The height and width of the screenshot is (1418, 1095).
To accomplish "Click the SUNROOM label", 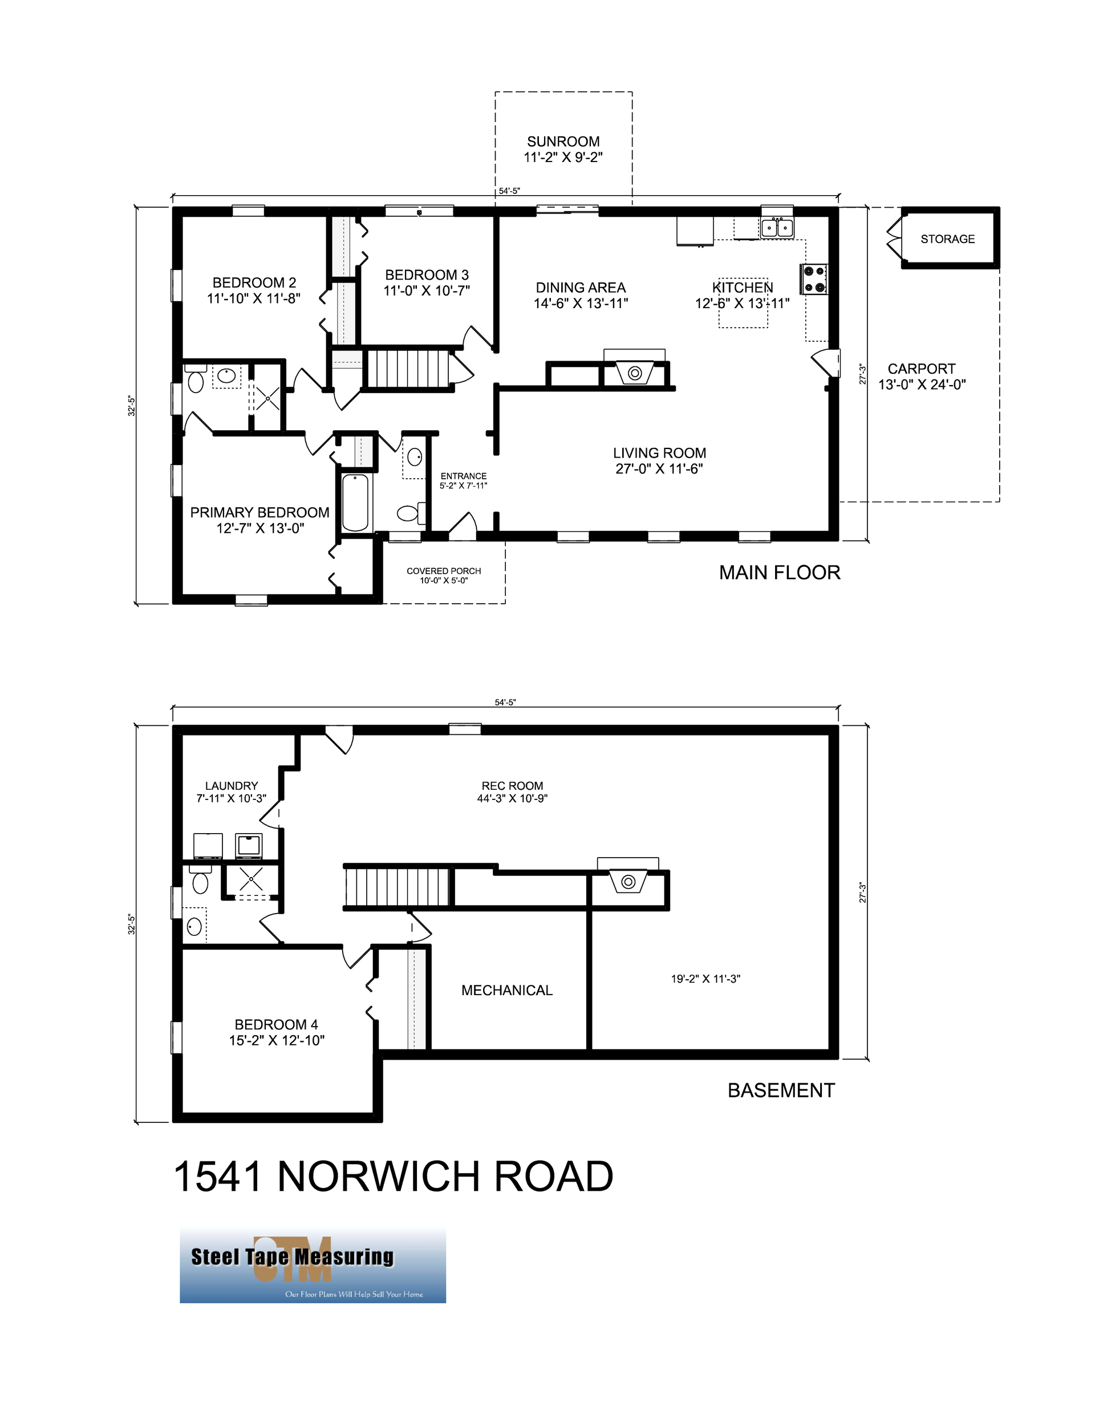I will pyautogui.click(x=563, y=142).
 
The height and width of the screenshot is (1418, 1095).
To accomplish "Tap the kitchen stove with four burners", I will pyautogui.click(x=813, y=279).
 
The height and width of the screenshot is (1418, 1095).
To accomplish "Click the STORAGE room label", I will pyautogui.click(x=947, y=239).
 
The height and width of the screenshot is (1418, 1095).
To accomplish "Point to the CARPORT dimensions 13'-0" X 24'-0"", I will pyautogui.click(x=922, y=385).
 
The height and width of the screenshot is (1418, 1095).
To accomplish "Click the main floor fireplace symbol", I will pyautogui.click(x=635, y=373).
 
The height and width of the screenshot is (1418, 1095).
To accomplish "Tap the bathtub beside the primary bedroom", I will pyautogui.click(x=355, y=503).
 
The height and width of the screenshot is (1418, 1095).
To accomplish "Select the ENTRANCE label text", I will pyautogui.click(x=464, y=476).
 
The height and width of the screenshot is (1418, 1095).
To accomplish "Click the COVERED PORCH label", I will pyautogui.click(x=443, y=571).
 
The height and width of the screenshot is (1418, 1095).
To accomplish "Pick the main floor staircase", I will pyautogui.click(x=408, y=369).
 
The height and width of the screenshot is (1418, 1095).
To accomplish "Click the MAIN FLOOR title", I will pyautogui.click(x=779, y=573).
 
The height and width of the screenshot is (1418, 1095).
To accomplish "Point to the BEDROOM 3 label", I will pyautogui.click(x=427, y=274).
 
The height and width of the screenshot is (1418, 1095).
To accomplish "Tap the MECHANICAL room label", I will pyautogui.click(x=506, y=990).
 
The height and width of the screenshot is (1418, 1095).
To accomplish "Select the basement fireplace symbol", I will pyautogui.click(x=628, y=882).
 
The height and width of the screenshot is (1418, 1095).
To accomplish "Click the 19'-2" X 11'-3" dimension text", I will pyautogui.click(x=705, y=979).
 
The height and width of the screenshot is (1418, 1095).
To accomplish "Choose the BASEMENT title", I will pyautogui.click(x=781, y=1090).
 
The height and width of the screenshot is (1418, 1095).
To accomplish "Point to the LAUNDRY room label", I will pyautogui.click(x=231, y=786).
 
